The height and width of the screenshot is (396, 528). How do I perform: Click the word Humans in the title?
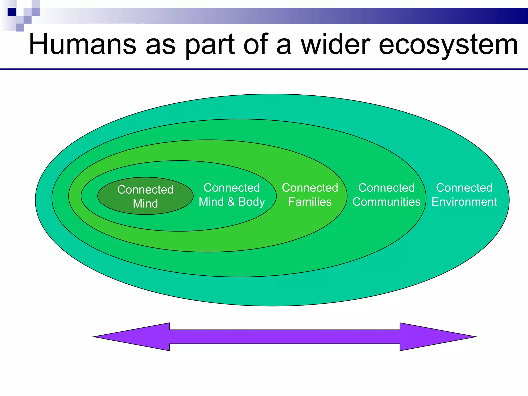click(82, 44)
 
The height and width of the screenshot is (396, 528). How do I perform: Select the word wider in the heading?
click(335, 44)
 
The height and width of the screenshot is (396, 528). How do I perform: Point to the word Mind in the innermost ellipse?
click(145, 204)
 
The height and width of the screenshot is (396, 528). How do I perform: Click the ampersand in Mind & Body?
click(231, 202)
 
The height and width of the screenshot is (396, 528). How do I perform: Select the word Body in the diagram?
click(252, 202)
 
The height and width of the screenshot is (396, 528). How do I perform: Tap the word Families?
click(310, 202)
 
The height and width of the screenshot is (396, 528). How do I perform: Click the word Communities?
click(386, 202)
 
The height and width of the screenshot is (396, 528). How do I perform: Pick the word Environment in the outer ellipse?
click(464, 202)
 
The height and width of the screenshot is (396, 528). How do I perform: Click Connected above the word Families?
click(310, 188)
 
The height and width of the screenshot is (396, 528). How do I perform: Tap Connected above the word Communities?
click(386, 188)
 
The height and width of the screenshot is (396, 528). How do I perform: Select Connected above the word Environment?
click(464, 188)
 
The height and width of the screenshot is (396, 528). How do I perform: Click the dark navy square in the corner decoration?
click(12, 12)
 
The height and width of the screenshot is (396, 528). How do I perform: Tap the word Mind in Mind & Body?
click(211, 202)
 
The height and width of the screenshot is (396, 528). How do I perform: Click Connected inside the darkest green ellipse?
click(145, 190)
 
